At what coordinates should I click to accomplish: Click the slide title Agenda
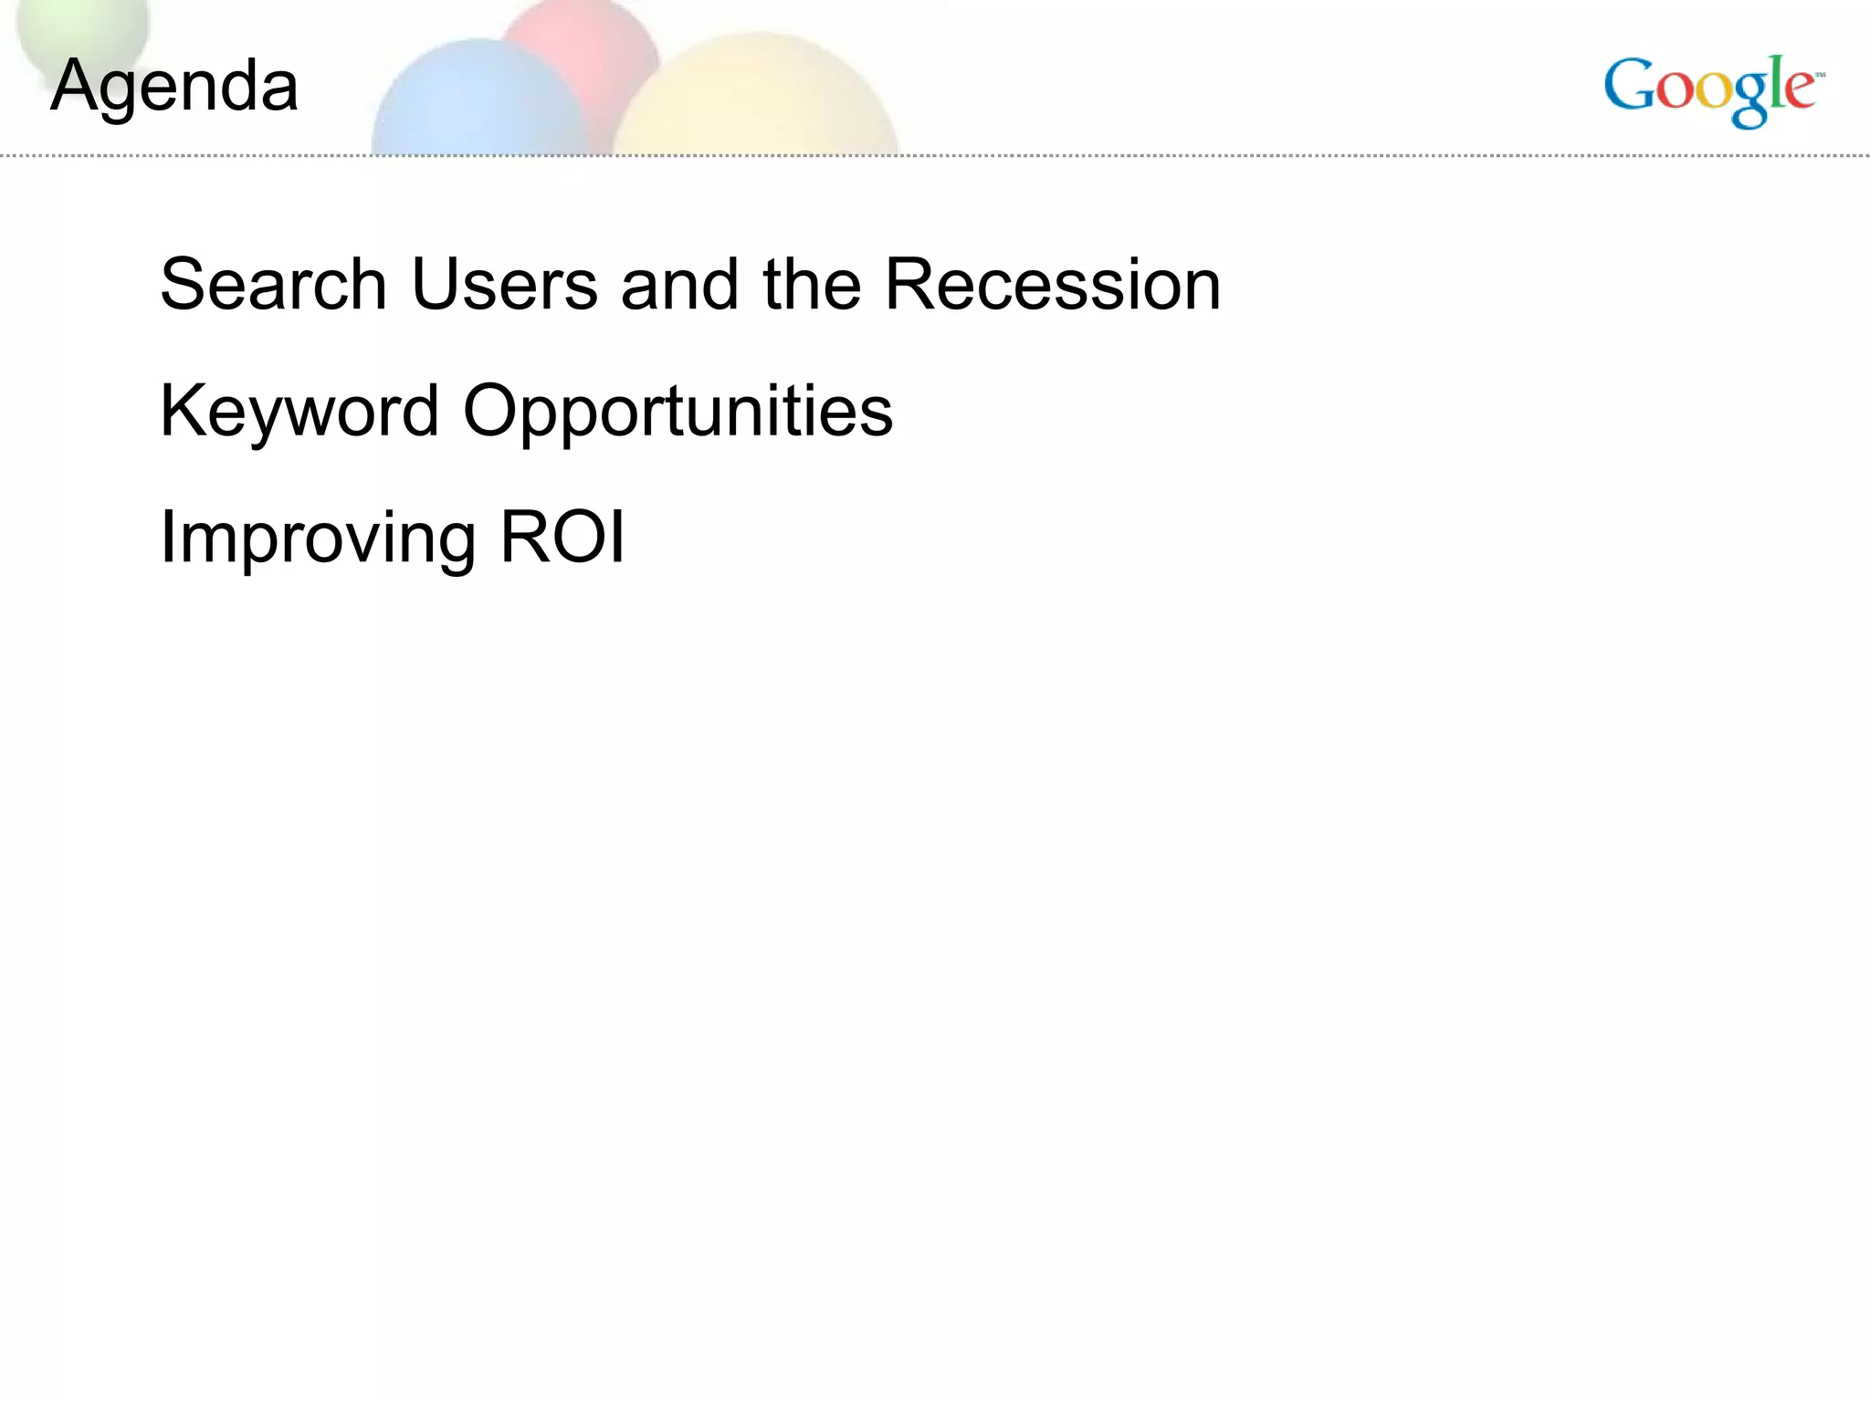pos(174,87)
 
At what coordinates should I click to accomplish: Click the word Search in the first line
pos(273,284)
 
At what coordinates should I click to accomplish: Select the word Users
pos(505,284)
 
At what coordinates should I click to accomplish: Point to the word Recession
pos(1052,284)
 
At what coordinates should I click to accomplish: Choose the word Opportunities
pos(678,411)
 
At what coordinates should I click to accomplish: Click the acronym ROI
pos(562,536)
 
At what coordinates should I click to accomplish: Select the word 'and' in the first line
pos(679,284)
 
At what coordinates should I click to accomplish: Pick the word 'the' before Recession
pos(812,284)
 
